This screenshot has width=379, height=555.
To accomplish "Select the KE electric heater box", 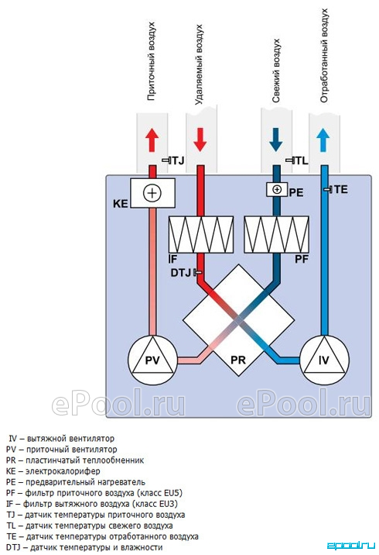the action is tap(152, 193).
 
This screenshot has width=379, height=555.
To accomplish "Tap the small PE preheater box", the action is tap(277, 189).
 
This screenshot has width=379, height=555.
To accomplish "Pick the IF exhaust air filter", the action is tap(201, 234).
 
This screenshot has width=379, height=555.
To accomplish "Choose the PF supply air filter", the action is tap(277, 234).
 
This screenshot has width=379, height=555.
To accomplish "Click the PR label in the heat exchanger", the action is tap(237, 360).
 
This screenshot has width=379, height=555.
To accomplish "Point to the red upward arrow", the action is tap(152, 140).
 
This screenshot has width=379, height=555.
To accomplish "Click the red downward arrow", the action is tap(200, 140).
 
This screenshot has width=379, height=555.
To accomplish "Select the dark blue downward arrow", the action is tap(275, 140).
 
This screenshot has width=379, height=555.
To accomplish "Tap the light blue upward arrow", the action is tap(323, 140).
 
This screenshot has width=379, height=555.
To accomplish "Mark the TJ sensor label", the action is tap(178, 160).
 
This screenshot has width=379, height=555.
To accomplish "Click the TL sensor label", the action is tap(302, 160).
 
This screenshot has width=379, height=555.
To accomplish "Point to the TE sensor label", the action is tap(341, 189).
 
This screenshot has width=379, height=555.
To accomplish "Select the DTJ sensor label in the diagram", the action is tap(180, 273).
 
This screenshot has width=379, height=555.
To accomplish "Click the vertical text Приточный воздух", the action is tap(151, 61).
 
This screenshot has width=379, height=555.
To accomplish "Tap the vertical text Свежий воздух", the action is tap(276, 71).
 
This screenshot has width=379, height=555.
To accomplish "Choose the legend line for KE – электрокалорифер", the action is tap(53, 471).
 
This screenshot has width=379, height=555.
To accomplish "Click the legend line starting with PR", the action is tap(75, 460).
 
